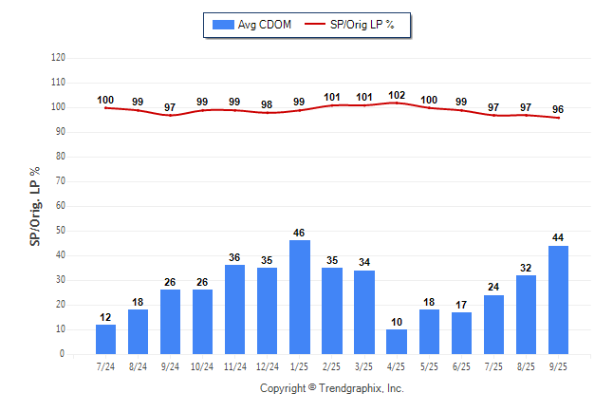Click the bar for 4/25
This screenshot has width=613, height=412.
[397, 342]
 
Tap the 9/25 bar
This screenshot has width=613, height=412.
[558, 300]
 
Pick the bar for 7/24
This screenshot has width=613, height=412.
[106, 339]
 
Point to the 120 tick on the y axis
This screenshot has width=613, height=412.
[58, 58]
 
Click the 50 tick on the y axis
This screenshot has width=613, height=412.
[61, 231]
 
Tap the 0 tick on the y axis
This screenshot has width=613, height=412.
[63, 354]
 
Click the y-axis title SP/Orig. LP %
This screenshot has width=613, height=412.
[35, 205]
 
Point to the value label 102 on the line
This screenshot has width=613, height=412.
[397, 95]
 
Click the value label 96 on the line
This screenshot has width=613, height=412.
[558, 109]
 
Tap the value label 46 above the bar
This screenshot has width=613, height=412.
[300, 233]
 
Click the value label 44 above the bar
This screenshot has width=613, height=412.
[558, 237]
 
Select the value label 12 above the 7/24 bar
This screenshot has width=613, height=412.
[106, 317]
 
